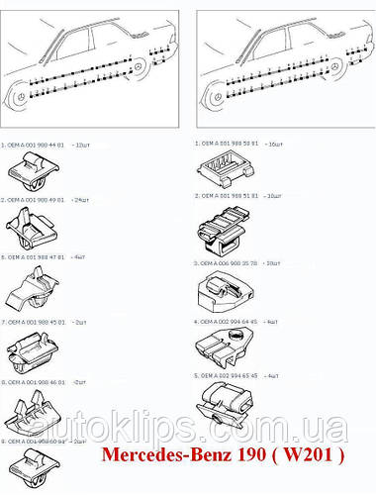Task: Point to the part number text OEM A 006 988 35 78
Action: tap(231, 263)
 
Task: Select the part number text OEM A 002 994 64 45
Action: tap(231, 321)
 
